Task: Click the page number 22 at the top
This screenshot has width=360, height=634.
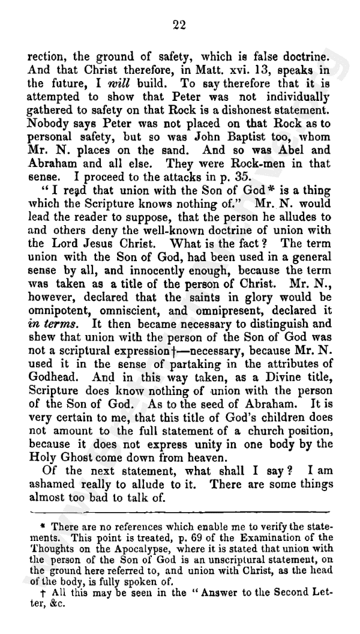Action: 179,25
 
